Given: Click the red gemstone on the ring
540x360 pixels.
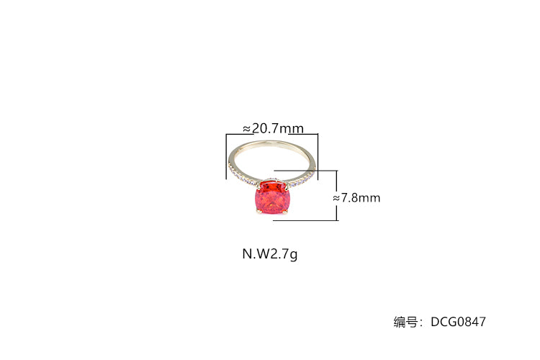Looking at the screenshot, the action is pos(271,197).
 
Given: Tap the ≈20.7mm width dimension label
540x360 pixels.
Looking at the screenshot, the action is pos(274,128).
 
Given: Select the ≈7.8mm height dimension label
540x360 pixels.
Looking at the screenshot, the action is pos(357,198).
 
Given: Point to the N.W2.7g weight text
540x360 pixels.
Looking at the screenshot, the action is pos(270,254).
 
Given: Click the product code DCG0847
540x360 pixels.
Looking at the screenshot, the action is pos(458,322).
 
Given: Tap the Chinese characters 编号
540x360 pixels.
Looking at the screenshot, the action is pos(405,322).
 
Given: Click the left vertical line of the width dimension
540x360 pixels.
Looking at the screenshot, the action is pos(226,156).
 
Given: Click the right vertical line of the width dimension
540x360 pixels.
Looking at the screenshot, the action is pos(318,157).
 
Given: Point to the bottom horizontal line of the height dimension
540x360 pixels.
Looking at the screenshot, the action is pos(305,220).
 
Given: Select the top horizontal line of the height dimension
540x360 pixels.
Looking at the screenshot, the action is pos(306,170).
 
